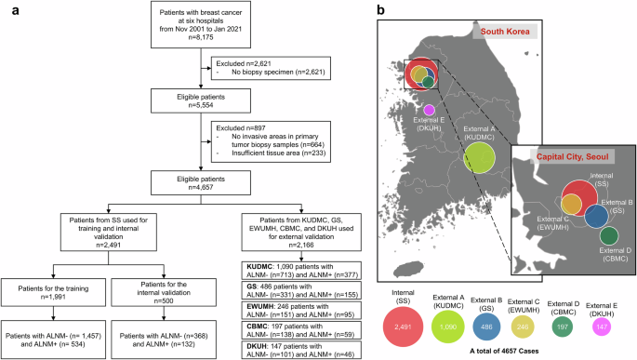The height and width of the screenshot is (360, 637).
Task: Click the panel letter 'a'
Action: tap(7, 11)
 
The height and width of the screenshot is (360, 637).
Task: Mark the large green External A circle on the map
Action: tap(481, 154)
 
